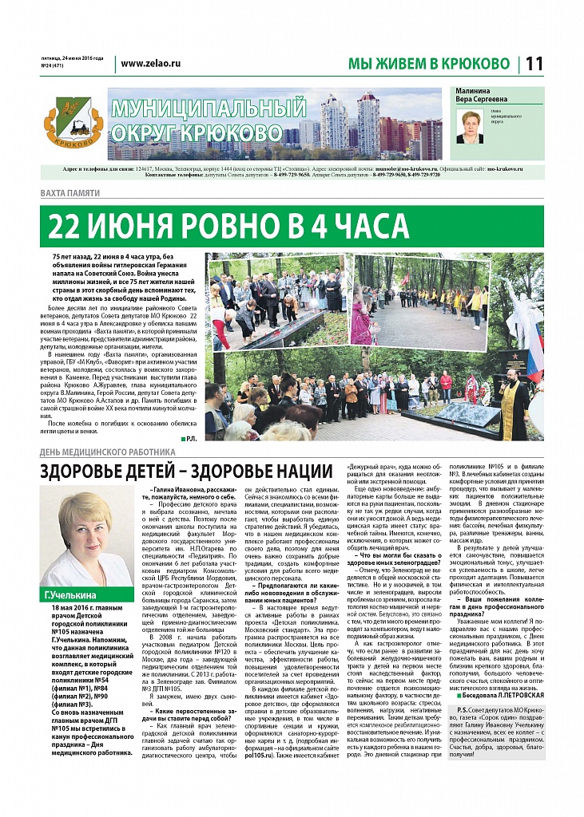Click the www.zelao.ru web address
151,63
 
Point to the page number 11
534,63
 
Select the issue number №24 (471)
54,67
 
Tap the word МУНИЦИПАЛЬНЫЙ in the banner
208,108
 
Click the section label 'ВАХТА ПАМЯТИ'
70,194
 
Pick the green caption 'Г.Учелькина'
69,594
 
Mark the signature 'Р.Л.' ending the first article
190,439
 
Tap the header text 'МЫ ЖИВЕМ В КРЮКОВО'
428,64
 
